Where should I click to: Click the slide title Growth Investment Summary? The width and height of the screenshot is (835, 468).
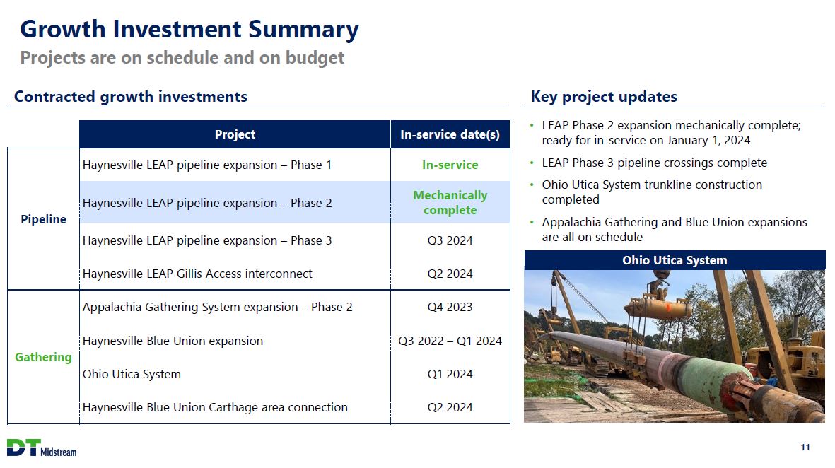click(189, 29)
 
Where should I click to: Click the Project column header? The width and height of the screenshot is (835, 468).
click(235, 134)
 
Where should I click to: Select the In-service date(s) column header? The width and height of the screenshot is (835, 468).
click(450, 134)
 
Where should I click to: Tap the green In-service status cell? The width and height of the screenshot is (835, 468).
click(450, 165)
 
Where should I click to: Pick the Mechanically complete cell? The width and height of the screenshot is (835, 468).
click(450, 202)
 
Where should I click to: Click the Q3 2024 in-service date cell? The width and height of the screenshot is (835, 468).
click(450, 240)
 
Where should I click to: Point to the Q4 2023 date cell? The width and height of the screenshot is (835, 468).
click(450, 308)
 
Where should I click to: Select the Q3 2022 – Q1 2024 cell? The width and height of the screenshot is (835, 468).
click(450, 341)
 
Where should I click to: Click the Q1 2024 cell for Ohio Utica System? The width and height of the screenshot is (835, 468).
click(450, 374)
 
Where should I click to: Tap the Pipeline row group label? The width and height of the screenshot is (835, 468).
click(44, 219)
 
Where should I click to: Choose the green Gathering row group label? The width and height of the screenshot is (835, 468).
click(43, 357)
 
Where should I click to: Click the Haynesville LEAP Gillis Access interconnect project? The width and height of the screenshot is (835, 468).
click(197, 274)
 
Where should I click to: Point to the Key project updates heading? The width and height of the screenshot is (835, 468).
click(604, 96)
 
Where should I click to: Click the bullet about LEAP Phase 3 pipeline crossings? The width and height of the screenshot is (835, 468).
click(655, 163)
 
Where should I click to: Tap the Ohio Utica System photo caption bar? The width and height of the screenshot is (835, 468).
click(675, 260)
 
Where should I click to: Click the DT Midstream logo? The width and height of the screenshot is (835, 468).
click(42, 448)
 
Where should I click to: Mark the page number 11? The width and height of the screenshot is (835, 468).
click(805, 447)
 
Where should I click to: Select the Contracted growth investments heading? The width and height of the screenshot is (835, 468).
click(131, 96)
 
